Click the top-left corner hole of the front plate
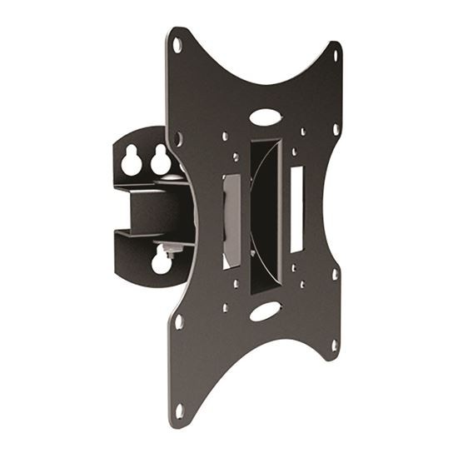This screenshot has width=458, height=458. coord(177,46)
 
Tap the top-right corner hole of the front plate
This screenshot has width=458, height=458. coord(337,56)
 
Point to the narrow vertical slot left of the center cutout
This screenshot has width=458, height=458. coord(232,221)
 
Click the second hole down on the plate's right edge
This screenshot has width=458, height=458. coord(336,130)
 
